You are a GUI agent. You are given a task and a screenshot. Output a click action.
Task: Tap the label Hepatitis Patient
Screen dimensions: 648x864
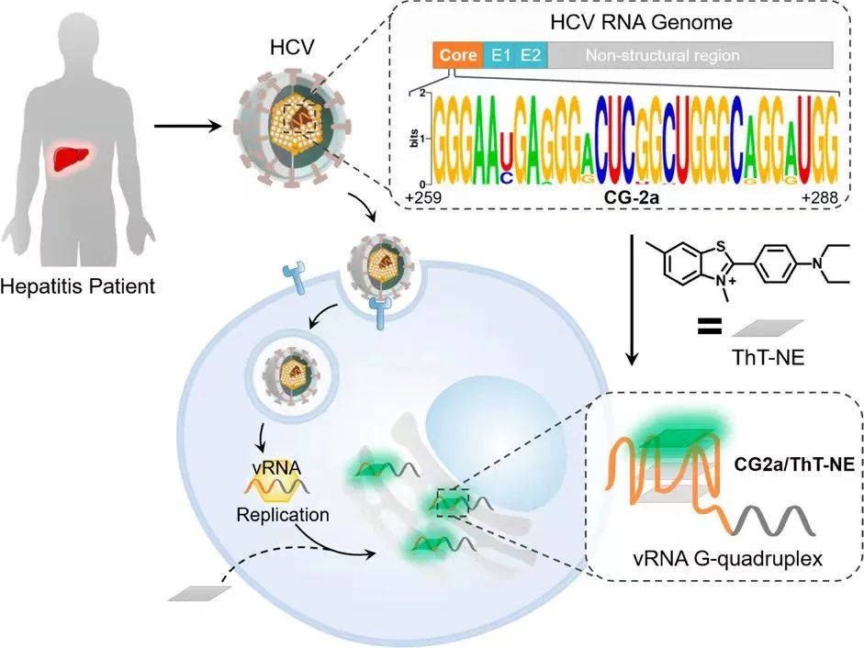[x=78, y=286]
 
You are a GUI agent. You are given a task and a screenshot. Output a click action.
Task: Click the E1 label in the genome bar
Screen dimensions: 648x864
[x=500, y=54]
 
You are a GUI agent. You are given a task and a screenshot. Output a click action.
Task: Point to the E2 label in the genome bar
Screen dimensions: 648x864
[x=531, y=54]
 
